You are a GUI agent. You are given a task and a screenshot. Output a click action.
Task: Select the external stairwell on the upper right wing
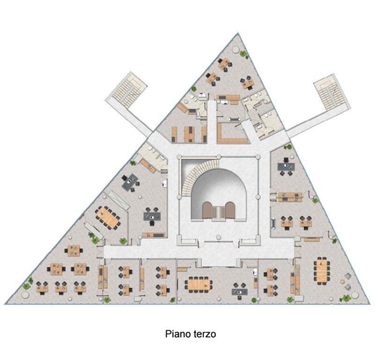click(332, 92)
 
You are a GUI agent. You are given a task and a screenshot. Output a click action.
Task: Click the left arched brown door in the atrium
click(207, 210)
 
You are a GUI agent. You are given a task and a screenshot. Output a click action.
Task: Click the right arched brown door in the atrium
click(230, 210)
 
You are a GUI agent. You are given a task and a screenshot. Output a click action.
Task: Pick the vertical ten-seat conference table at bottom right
click(322, 270)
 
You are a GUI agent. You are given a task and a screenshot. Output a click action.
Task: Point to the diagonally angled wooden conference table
click(108, 217)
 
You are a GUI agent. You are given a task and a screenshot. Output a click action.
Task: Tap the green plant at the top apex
click(244, 54)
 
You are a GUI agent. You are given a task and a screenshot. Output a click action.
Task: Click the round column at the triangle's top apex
click(236, 50)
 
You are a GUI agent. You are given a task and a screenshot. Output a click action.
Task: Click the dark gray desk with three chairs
click(152, 216)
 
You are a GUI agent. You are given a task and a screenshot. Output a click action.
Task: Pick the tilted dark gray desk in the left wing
click(130, 182)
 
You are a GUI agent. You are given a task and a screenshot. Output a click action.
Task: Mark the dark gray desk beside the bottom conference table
click(239, 291)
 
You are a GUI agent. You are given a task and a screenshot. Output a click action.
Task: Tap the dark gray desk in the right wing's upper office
click(286, 166)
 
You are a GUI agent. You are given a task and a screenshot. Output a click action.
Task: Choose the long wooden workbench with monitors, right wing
click(290, 197)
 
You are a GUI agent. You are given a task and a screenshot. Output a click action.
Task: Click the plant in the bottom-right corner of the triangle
click(345, 299)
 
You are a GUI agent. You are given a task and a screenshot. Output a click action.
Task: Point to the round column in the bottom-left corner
click(25, 295)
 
